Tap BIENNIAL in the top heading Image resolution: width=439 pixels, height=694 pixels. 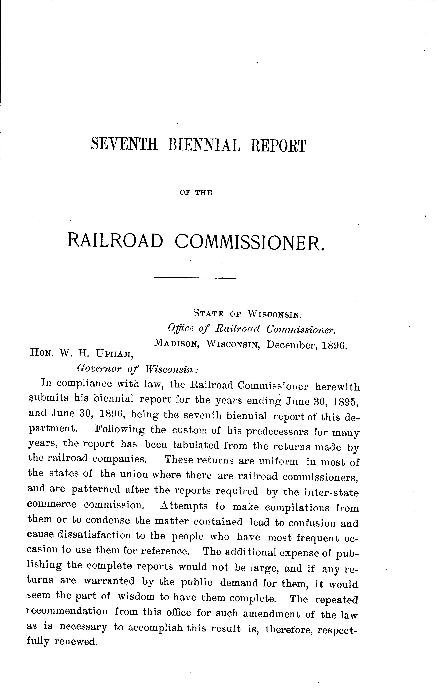(204, 145)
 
